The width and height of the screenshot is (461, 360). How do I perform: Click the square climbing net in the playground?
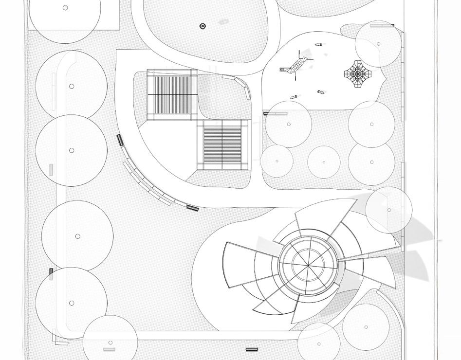click(x=358, y=73)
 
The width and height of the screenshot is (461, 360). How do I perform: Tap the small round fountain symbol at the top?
click(x=203, y=26)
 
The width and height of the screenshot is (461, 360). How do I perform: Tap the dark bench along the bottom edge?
click(x=251, y=349)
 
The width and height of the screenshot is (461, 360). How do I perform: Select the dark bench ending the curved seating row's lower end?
click(x=193, y=208)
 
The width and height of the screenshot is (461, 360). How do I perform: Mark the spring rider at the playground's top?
click(x=318, y=45)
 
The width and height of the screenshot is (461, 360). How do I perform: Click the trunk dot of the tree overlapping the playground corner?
click(x=379, y=44)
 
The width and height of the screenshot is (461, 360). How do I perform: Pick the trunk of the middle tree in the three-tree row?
click(x=324, y=162)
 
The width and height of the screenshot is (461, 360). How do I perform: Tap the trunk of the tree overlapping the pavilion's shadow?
click(x=389, y=210)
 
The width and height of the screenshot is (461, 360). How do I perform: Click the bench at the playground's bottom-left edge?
click(x=276, y=113)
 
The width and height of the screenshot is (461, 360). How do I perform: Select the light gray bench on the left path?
click(x=51, y=170)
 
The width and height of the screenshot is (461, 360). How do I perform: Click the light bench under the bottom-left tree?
click(x=109, y=349)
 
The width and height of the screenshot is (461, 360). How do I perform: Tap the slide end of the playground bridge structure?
click(x=283, y=70)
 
